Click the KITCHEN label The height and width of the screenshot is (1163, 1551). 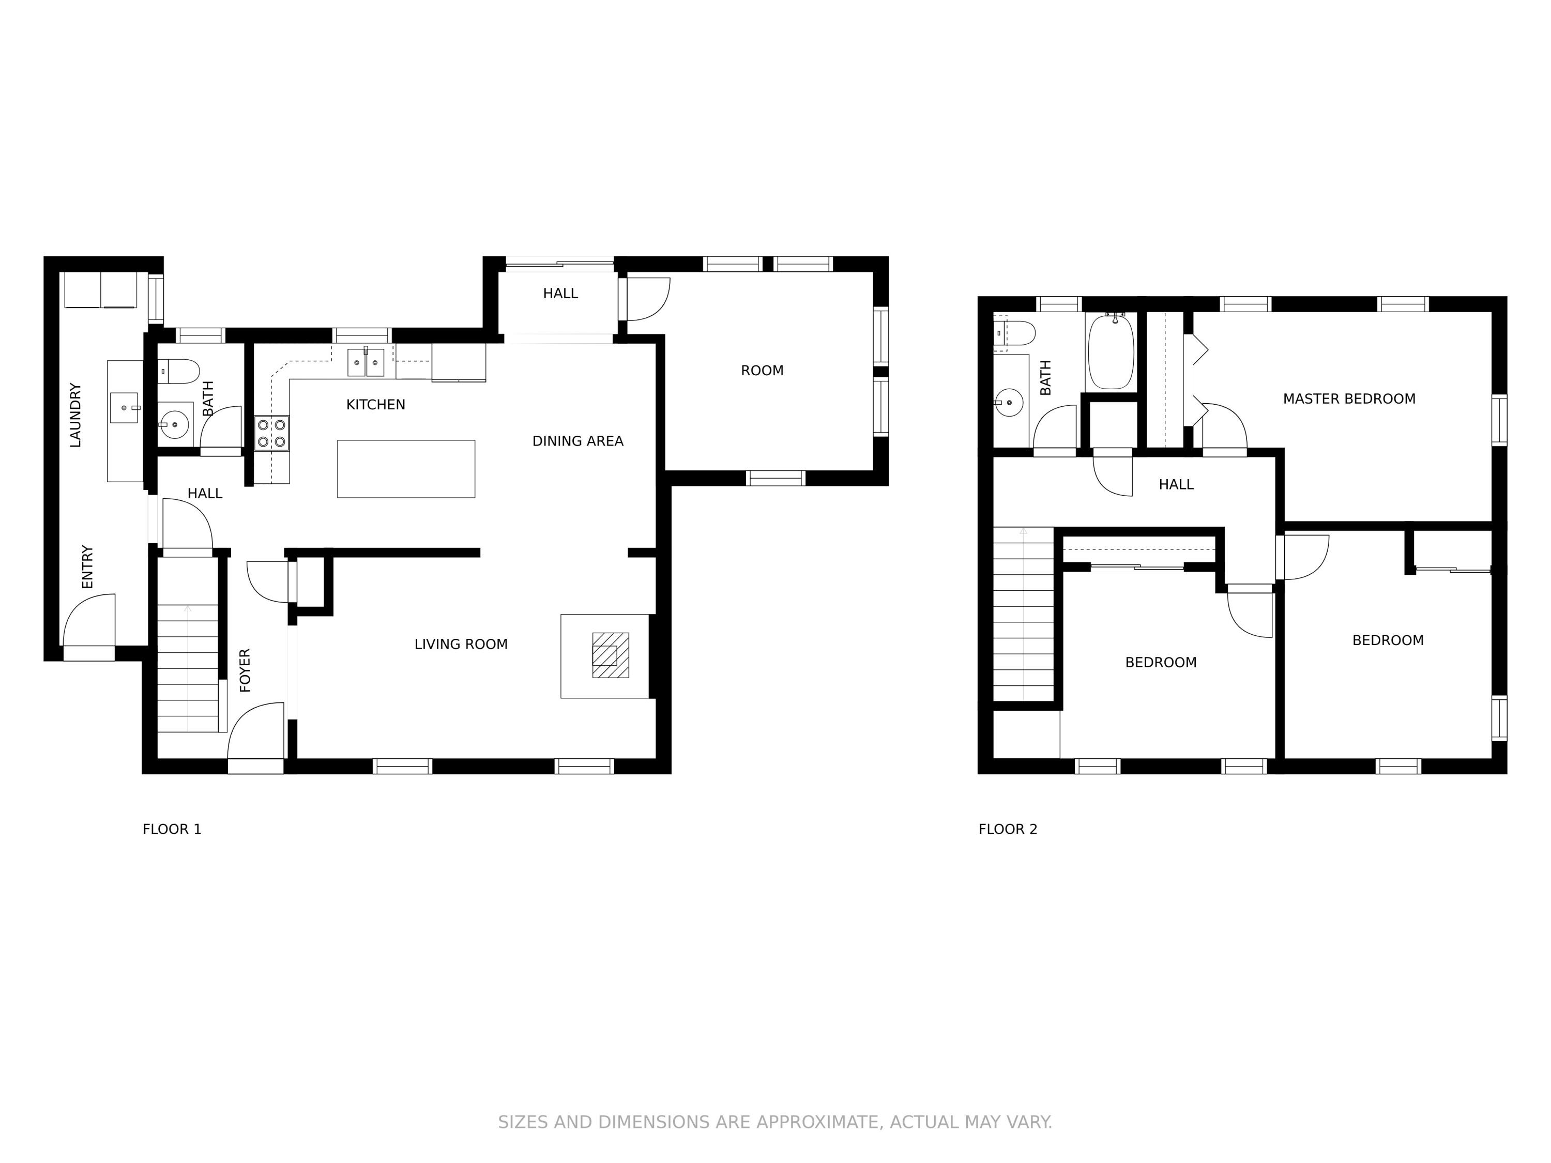click(376, 405)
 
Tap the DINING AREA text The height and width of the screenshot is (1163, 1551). click(578, 441)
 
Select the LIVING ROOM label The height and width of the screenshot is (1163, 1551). click(461, 644)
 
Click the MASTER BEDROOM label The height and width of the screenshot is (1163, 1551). click(1349, 399)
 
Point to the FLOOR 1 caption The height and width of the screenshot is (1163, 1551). click(172, 829)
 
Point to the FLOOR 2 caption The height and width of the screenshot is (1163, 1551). click(1008, 829)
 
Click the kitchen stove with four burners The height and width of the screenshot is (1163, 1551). click(272, 433)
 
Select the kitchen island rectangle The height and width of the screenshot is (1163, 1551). click(406, 469)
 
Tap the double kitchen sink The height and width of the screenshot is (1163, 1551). click(366, 362)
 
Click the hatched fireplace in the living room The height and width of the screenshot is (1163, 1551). click(611, 655)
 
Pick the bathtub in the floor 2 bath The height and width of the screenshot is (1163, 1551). click(1111, 352)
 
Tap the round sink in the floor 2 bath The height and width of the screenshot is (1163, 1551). click(1009, 402)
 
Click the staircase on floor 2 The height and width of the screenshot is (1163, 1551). click(1024, 614)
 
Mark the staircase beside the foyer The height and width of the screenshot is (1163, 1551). click(188, 669)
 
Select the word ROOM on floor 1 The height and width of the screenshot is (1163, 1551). click(762, 371)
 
